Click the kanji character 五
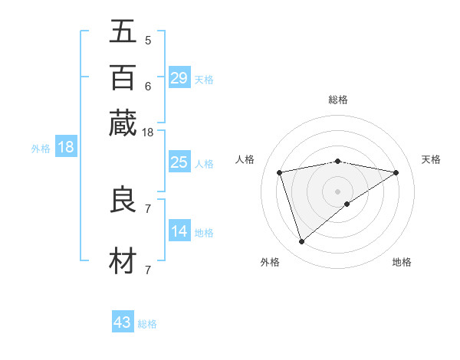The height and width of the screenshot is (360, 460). click(123, 31)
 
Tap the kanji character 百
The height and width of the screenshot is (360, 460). click(123, 77)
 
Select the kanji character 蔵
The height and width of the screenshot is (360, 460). click(123, 123)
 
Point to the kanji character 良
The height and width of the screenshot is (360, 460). click(123, 200)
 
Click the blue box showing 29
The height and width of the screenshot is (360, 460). click(179, 78)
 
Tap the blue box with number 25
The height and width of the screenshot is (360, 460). click(179, 162)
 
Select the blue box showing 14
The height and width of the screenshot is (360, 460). click(179, 231)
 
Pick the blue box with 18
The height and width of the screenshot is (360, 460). click(65, 148)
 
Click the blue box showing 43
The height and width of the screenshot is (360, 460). click(123, 322)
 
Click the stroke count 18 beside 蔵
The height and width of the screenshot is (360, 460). click(148, 133)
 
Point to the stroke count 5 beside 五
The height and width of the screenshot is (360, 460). click(148, 40)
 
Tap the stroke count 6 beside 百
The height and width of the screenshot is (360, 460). click(148, 86)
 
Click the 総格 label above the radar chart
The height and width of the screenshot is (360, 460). click(338, 100)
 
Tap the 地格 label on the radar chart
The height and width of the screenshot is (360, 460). click(402, 262)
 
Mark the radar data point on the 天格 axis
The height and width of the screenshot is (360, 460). click(396, 172)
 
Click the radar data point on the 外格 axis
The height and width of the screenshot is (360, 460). click(302, 242)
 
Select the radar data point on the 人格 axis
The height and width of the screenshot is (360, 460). click(280, 172)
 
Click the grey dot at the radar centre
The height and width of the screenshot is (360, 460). click(338, 191)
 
